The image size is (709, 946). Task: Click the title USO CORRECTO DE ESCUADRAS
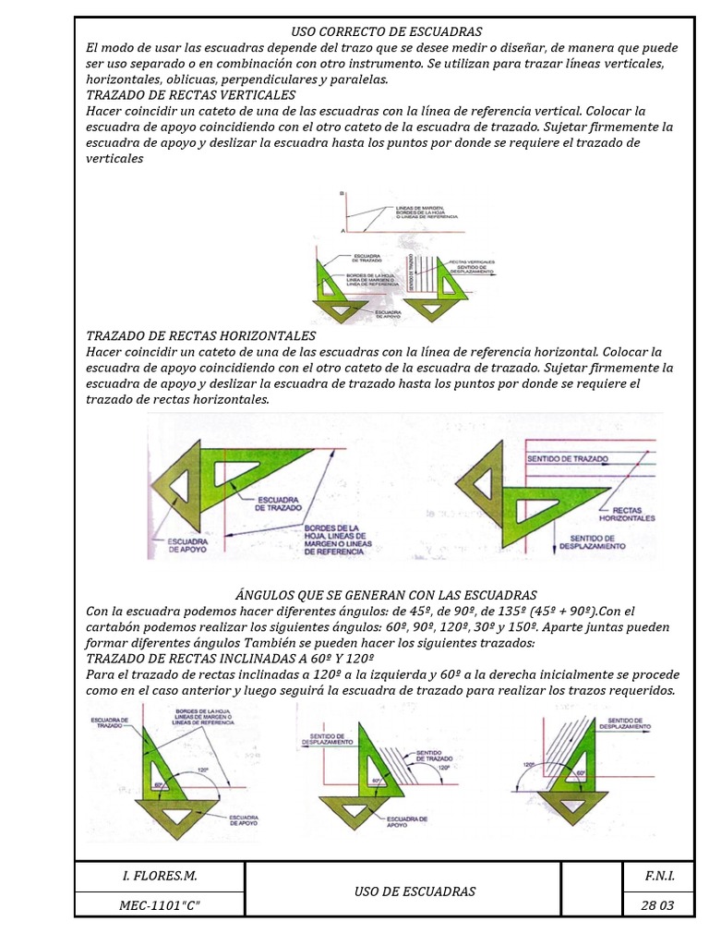387,31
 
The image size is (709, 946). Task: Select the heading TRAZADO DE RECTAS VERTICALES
190,95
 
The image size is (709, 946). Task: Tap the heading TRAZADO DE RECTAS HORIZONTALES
200,336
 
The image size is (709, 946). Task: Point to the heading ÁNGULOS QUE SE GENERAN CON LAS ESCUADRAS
387,595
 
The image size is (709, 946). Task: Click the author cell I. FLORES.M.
160,874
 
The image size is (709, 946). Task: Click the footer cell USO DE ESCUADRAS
415,891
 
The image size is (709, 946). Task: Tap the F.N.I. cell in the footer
657,874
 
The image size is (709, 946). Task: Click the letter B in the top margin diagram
342,194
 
